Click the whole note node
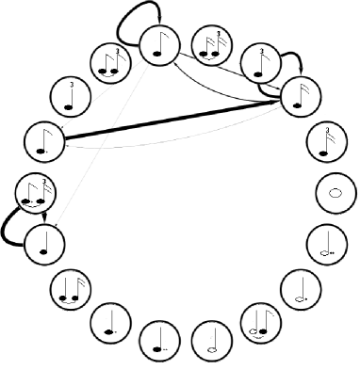pyautogui.click(x=334, y=193)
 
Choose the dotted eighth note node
pyautogui.click(x=43, y=140)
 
